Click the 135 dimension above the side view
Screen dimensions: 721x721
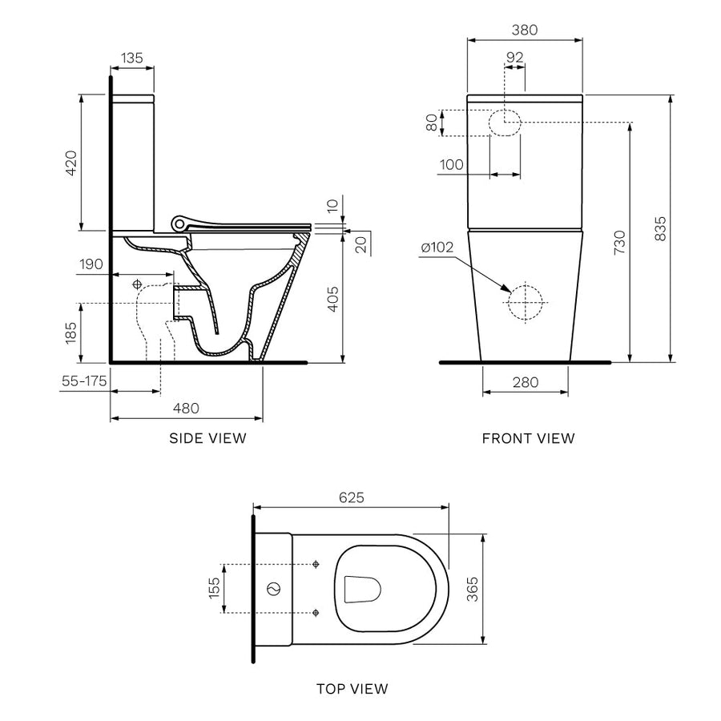[x=132, y=58]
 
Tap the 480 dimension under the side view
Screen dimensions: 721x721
[x=186, y=408]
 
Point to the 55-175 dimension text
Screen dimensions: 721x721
[x=84, y=381]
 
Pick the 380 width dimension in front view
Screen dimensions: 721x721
[x=524, y=30]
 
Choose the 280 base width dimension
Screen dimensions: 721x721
[x=525, y=382]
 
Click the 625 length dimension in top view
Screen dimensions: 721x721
[x=351, y=497]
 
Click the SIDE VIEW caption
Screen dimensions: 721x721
[x=207, y=438]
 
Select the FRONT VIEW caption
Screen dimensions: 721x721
[x=528, y=438]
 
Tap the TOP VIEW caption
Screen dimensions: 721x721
[x=352, y=688]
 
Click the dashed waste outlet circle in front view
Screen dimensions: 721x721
[x=526, y=303]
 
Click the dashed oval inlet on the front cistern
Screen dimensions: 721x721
[x=505, y=123]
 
